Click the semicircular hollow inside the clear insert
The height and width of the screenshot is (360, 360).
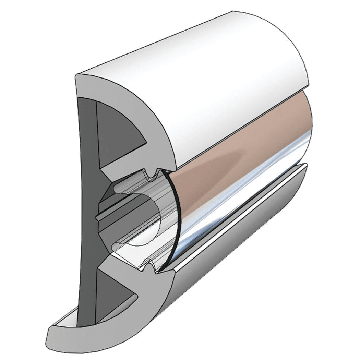pyautogui.click(x=144, y=219)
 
